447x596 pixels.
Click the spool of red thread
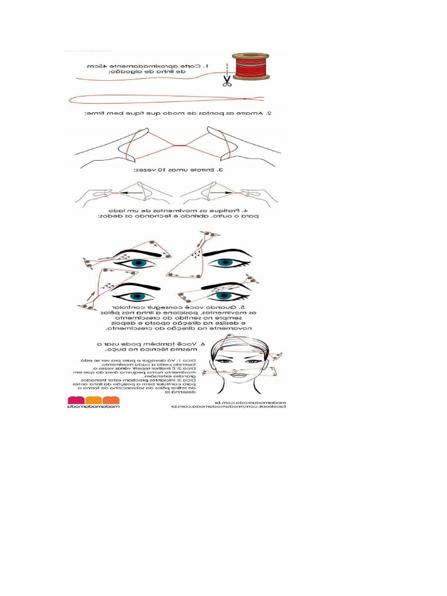[x=251, y=66]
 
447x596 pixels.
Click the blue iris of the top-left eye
[x=138, y=263]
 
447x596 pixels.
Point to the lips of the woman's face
[x=238, y=375]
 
